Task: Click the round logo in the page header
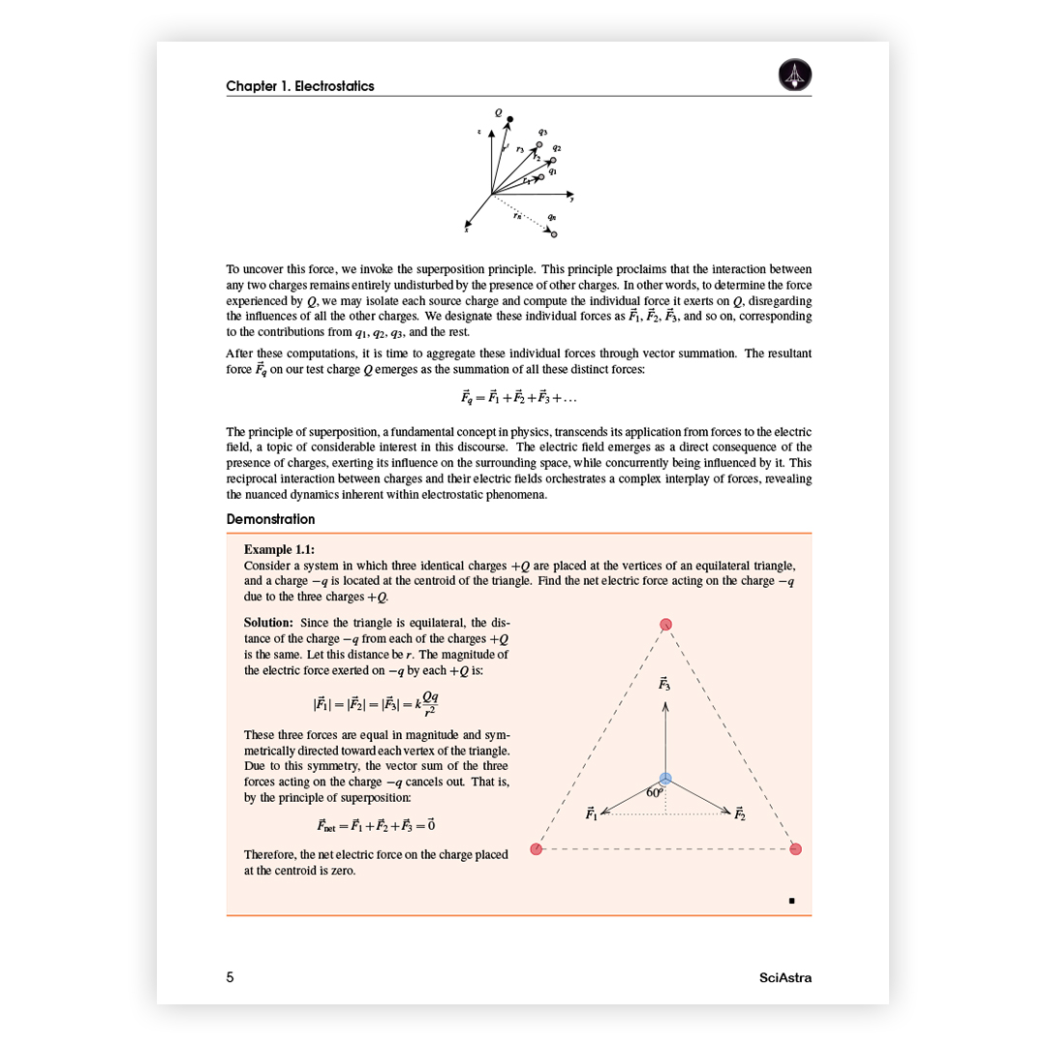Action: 795,75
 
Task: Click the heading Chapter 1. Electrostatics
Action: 300,86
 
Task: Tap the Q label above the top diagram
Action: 499,112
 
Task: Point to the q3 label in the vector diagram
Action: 543,132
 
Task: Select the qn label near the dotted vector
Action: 551,217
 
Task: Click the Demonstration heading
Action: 270,520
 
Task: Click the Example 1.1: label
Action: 279,549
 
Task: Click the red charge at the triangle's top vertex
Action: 665,625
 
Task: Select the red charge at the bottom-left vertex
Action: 537,849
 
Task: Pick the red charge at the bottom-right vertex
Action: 796,849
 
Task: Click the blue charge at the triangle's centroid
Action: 665,779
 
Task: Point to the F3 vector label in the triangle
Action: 664,684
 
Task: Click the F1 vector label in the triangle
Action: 592,815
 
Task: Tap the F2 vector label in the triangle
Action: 739,814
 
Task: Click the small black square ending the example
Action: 792,901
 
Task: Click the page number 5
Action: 231,977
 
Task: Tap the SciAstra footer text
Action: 785,977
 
